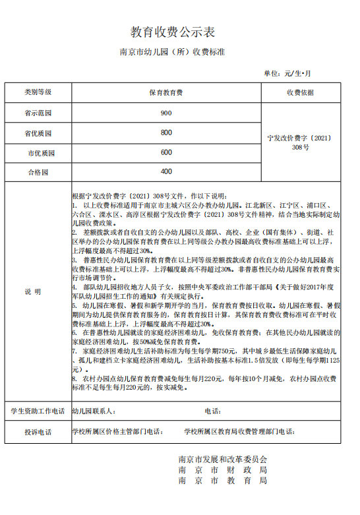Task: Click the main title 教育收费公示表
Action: (173, 32)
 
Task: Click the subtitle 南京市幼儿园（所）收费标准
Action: (173, 52)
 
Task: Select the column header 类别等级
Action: (38, 92)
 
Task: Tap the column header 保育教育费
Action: (165, 93)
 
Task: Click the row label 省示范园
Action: (38, 113)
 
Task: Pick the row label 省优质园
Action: (38, 133)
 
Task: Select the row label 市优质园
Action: (39, 152)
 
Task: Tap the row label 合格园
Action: (38, 172)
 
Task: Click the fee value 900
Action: (165, 113)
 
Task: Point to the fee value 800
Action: (165, 133)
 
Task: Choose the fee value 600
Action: (165, 152)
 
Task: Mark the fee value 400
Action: (165, 172)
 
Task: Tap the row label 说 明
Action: (33, 291)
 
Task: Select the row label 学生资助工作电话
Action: (38, 411)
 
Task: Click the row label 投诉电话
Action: (38, 433)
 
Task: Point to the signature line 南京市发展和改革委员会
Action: (223, 459)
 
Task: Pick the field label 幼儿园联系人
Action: (96, 411)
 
